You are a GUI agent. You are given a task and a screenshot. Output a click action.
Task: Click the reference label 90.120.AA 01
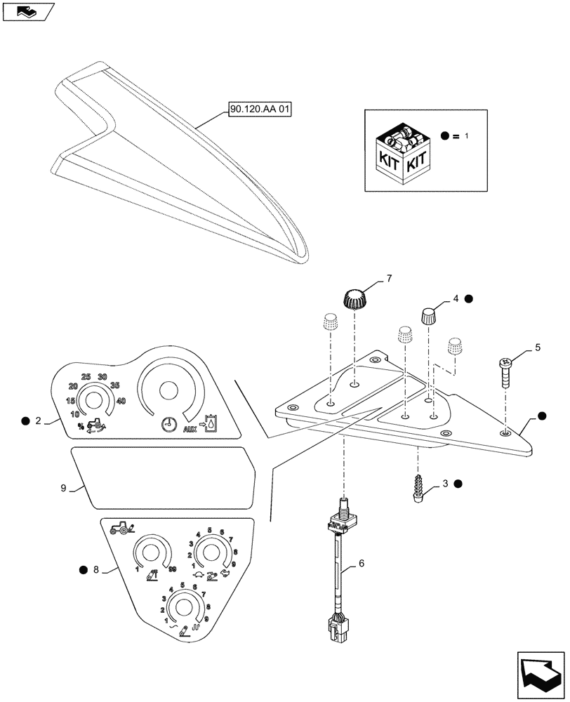point(260,110)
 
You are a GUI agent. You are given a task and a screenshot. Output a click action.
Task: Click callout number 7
point(388,279)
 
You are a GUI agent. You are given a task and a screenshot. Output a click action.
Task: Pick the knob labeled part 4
point(430,314)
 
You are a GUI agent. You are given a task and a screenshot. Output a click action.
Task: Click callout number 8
point(96,570)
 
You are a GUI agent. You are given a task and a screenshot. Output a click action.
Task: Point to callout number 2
point(39,420)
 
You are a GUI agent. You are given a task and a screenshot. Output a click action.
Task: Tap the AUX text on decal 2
point(190,428)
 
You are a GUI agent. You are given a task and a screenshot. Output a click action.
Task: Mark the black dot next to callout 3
point(458,484)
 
